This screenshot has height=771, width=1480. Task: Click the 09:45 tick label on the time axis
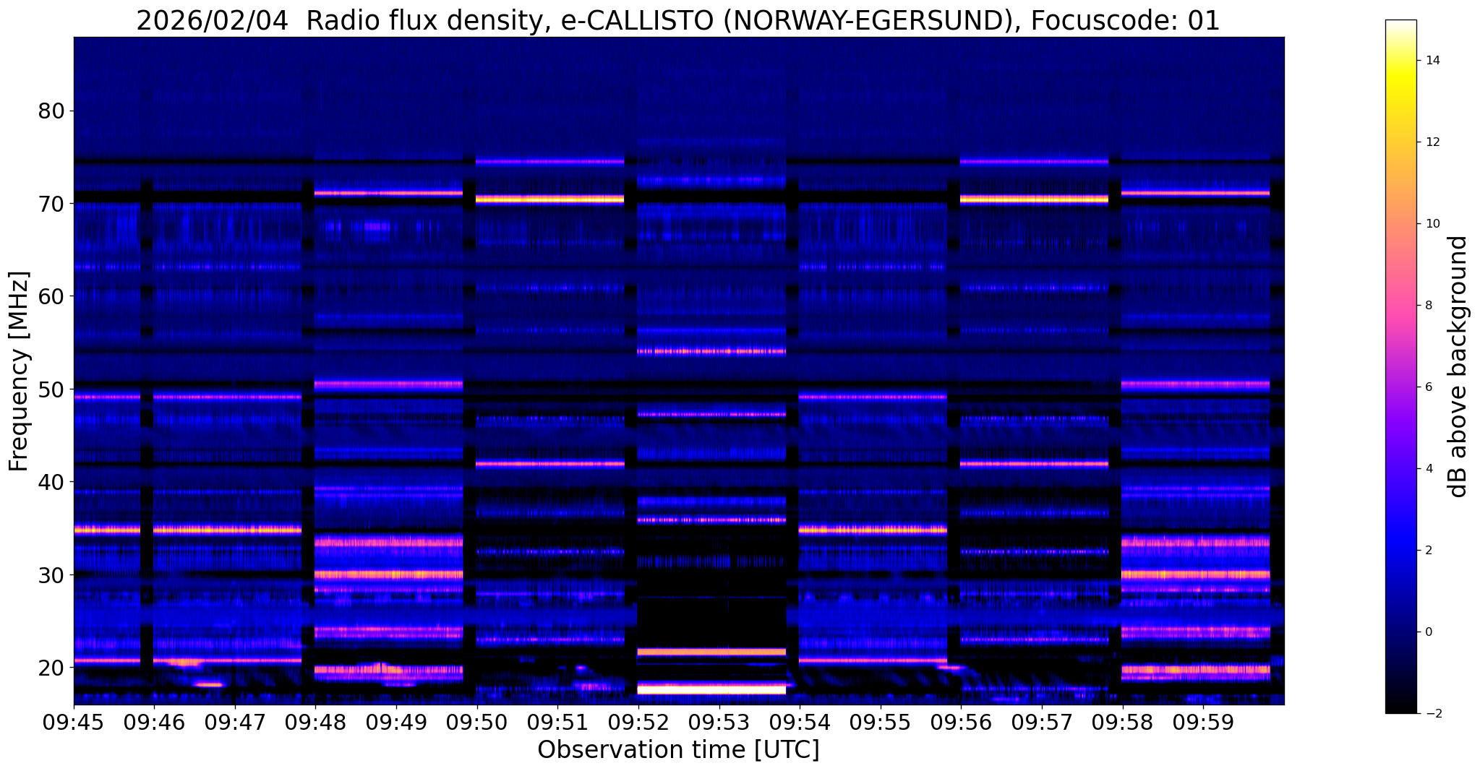(74, 723)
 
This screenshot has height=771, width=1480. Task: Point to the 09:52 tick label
(638, 723)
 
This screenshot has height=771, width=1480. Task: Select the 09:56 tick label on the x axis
(960, 723)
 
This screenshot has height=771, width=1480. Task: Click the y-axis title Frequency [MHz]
(19, 371)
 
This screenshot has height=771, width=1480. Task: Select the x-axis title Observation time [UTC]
(678, 750)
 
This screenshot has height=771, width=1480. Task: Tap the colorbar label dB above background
(1458, 366)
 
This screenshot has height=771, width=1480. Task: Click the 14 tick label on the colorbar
(1432, 60)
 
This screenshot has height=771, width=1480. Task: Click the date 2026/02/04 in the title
(216, 22)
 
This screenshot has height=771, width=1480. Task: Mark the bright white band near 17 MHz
(711, 689)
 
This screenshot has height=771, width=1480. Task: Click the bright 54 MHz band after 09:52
(711, 352)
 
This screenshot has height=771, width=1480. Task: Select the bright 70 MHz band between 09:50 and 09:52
(549, 199)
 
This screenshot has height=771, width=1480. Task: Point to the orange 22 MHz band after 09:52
(711, 652)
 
